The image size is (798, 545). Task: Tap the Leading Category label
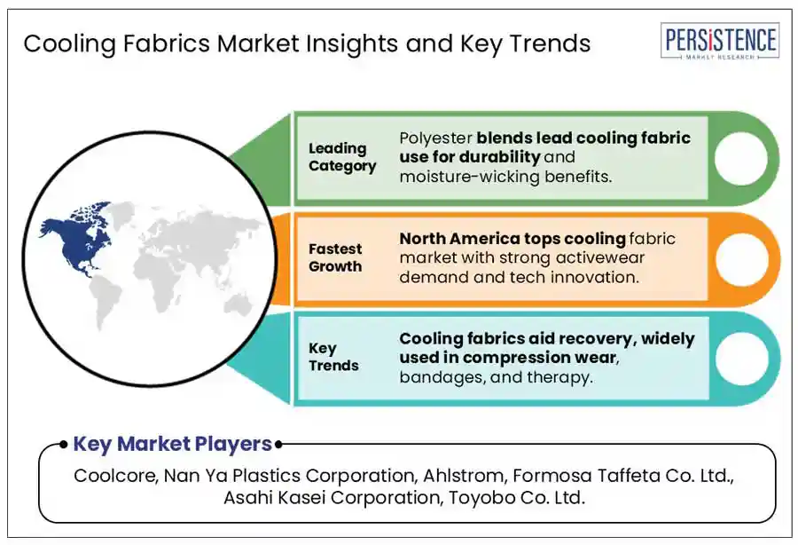pyautogui.click(x=342, y=157)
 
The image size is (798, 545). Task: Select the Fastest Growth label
pyautogui.click(x=335, y=257)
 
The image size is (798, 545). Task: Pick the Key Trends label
pyautogui.click(x=333, y=357)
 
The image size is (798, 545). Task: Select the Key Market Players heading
pyautogui.click(x=172, y=444)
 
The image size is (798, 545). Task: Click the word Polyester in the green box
pyautogui.click(x=435, y=138)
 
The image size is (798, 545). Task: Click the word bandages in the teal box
pyautogui.click(x=441, y=376)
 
